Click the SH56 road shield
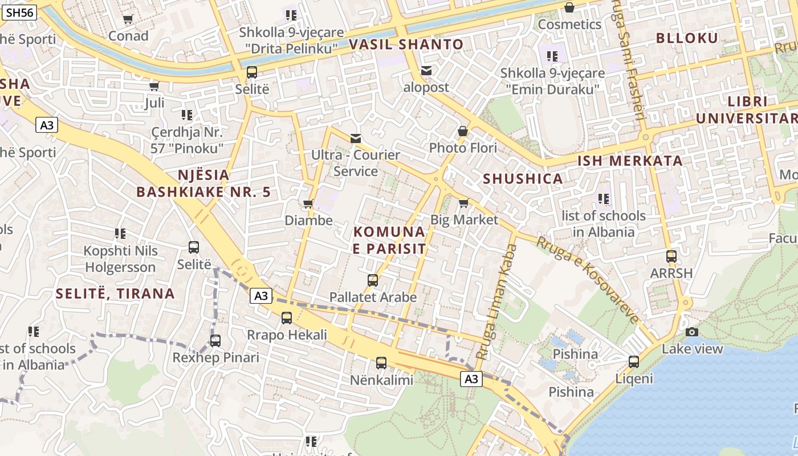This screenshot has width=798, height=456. [x=19, y=13]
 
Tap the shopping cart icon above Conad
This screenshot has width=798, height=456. [x=128, y=19]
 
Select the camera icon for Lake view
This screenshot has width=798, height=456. [x=692, y=332]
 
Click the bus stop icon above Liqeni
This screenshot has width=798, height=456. [x=633, y=361]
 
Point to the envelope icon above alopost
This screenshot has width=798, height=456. [x=426, y=71]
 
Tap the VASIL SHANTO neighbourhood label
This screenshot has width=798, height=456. [x=406, y=44]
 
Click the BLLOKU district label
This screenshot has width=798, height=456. [x=687, y=38]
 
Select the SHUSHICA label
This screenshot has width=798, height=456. [x=523, y=179]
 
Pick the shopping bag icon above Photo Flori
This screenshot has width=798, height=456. [x=463, y=131]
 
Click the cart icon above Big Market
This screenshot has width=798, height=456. [x=464, y=203]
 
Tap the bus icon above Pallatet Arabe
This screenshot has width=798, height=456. [x=373, y=280]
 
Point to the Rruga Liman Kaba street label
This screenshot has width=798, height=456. [x=497, y=302]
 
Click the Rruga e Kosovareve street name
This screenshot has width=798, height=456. [x=588, y=280]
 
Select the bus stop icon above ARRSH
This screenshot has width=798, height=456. [x=671, y=256]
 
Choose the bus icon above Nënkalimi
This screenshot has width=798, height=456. [x=381, y=363]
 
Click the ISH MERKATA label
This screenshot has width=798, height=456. [x=630, y=161]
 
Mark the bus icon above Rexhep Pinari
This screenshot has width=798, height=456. [x=215, y=341]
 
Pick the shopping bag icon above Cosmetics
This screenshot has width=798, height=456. [x=569, y=7]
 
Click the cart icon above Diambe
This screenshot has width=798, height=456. [x=308, y=203]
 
